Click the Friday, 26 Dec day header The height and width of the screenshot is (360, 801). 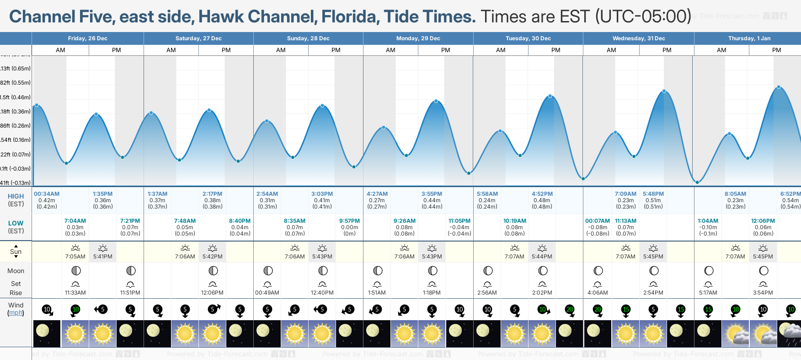pos(87,38)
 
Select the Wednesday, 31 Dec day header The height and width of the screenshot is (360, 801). pos(638,38)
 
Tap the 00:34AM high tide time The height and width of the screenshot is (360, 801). pos(47,194)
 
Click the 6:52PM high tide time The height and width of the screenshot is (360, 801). pos(790,194)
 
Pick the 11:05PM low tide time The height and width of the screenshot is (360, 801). pos(459,221)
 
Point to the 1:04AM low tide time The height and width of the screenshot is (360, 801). pos(708,221)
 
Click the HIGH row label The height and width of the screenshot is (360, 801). pos(16,196)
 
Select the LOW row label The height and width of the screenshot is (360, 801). pos(16,223)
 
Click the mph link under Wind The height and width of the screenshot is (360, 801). pos(16,313)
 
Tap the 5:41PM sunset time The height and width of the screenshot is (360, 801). pos(103,257)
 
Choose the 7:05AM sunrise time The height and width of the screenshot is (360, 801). pos(75,257)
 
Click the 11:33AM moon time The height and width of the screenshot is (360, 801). pos(75,293)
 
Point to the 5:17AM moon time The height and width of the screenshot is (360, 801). pos(708,293)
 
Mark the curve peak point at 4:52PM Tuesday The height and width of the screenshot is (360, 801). pos(550,96)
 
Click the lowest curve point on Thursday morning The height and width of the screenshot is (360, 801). pos(697,182)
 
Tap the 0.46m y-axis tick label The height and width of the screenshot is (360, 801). pos(16,97)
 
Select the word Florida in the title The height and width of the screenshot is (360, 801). pos(349,16)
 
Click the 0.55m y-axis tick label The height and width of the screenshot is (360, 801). pos(16,83)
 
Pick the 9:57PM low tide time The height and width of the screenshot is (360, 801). pos(349,221)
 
